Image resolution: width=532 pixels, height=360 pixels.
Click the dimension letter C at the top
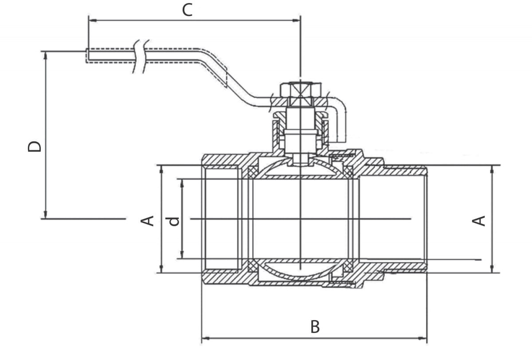[x=188, y=10]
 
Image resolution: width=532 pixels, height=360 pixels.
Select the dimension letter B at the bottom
[x=315, y=327]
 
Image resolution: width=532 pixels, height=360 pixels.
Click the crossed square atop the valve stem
[x=300, y=90]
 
